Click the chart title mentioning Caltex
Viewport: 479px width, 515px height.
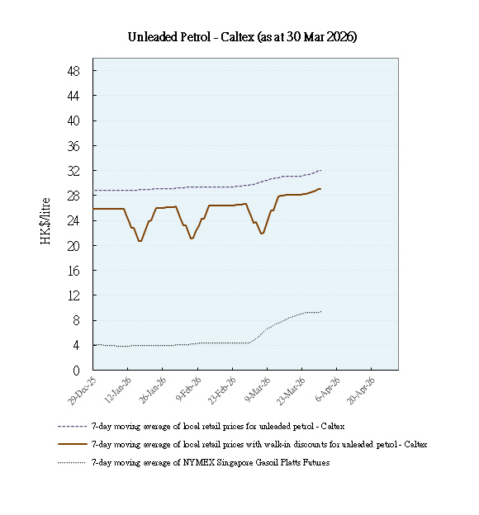pos(242,37)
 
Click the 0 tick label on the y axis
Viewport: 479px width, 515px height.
pos(76,371)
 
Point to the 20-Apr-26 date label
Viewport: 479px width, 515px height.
pos(360,388)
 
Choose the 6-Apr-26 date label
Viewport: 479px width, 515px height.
pos(326,387)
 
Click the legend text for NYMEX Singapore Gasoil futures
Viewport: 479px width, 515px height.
pos(210,462)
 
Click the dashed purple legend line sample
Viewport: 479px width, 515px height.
pos(72,426)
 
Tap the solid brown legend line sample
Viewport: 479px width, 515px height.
pos(72,444)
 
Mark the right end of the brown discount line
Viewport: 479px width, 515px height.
pos(321,190)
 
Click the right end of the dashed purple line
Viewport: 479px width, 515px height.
pos(321,170)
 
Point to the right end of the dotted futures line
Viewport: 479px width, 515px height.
pos(321,311)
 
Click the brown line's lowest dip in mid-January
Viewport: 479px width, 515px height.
pos(140,241)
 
